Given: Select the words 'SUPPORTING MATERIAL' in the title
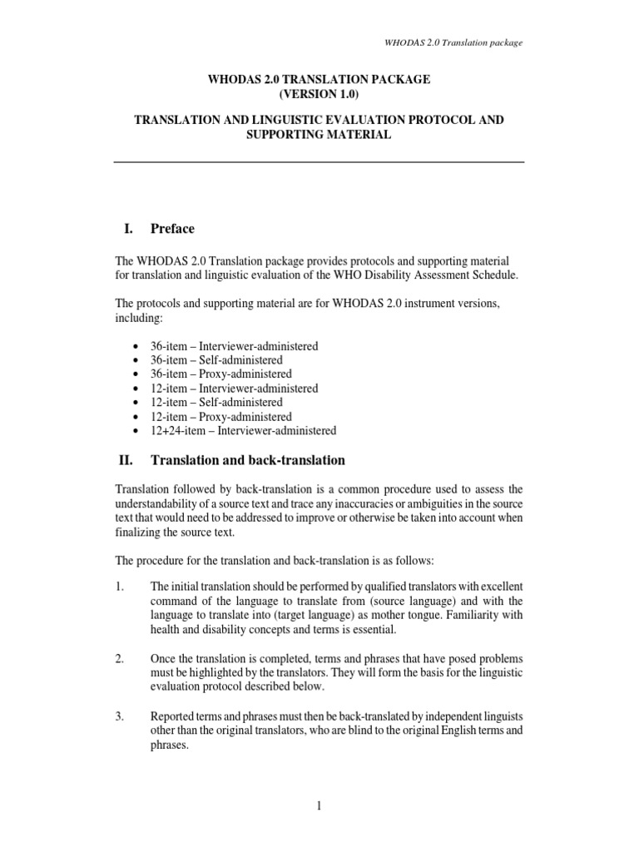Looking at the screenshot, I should (319, 134).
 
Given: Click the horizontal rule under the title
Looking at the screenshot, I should (319, 161).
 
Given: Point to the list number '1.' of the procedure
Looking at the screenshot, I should (119, 587).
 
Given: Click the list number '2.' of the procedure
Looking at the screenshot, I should (119, 658).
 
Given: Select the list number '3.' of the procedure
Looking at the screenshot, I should (119, 716).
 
